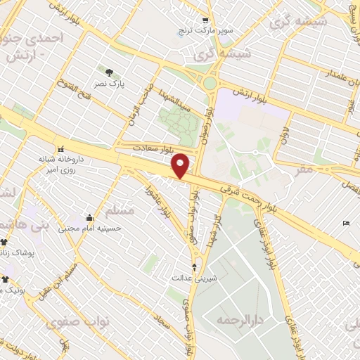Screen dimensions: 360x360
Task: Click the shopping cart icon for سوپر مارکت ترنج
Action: pos(205,20)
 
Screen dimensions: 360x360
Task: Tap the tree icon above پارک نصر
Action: pos(109,72)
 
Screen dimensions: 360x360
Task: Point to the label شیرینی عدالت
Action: pos(195,278)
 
